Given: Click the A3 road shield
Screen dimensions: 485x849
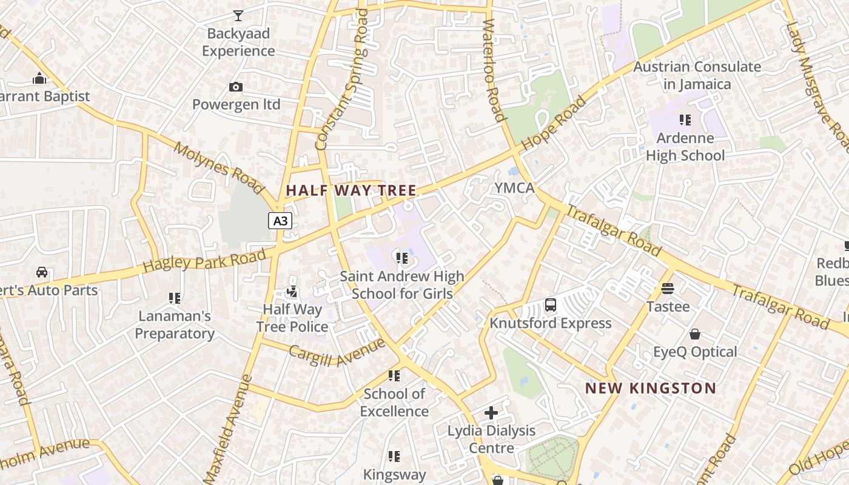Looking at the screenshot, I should (x=280, y=221).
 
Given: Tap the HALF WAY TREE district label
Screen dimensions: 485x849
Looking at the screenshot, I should (x=351, y=190).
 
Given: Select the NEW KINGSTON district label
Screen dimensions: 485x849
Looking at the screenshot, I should (x=651, y=388).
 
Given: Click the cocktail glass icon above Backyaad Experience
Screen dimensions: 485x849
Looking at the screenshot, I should (x=238, y=15).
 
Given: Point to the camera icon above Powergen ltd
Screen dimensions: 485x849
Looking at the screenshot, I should (x=236, y=87).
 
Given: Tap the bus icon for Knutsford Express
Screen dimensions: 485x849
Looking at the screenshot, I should (x=551, y=305).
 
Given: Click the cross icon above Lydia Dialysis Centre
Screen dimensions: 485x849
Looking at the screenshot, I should (x=491, y=413).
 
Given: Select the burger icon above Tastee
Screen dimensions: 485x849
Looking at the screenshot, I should (x=668, y=288).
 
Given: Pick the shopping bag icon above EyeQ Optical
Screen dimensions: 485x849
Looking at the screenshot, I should (x=695, y=334).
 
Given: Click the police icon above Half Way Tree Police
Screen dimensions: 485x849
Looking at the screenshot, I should (x=292, y=292).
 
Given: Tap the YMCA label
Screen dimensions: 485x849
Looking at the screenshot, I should (x=514, y=188).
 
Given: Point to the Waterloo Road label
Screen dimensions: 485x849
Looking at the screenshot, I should (x=494, y=70).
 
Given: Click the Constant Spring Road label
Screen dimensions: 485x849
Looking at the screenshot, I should (x=342, y=80).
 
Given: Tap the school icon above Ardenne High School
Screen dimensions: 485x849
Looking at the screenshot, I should (x=685, y=120).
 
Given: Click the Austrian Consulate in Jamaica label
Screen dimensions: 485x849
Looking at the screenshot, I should (x=697, y=75).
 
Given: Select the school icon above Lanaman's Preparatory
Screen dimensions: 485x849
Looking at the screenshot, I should (x=175, y=298).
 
